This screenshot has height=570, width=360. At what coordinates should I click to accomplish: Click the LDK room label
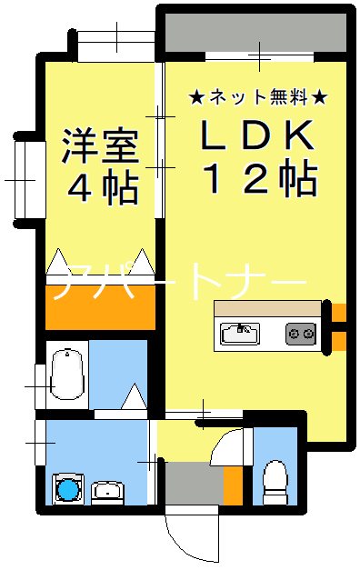pyautogui.click(x=257, y=135)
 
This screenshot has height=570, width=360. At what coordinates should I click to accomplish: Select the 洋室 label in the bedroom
pyautogui.click(x=100, y=147)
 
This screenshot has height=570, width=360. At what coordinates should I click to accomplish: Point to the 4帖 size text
pyautogui.click(x=102, y=188)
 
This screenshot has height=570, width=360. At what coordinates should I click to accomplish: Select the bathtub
pyautogui.click(x=66, y=374)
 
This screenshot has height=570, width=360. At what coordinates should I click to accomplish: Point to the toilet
pyautogui.click(x=275, y=478)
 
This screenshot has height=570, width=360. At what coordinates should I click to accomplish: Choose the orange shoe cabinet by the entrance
pyautogui.click(x=232, y=485)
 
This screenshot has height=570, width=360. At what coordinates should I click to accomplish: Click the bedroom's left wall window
pyautogui.click(x=25, y=179)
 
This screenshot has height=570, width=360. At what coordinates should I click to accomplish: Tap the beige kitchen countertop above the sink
pyautogui.click(x=267, y=308)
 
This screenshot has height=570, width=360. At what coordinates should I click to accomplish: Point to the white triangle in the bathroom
pyautogui.click(x=134, y=396)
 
